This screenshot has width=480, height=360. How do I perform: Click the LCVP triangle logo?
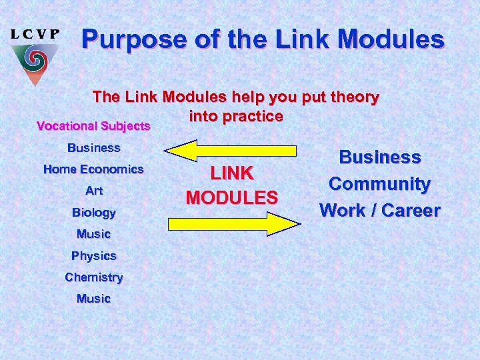click(x=34, y=63)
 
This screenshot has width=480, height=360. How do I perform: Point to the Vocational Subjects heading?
click(x=94, y=125)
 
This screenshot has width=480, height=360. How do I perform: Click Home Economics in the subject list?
click(x=93, y=169)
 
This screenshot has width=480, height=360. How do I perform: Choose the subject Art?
click(x=94, y=191)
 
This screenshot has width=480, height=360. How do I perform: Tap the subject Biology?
click(x=94, y=213)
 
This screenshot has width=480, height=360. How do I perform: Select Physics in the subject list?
click(x=94, y=255)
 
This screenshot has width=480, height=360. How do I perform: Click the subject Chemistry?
click(x=94, y=277)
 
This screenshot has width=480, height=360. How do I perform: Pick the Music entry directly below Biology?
click(x=94, y=234)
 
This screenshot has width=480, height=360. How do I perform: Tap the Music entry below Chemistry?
click(x=94, y=298)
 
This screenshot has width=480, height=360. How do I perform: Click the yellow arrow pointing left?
click(x=230, y=150)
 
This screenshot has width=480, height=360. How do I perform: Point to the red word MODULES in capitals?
click(x=232, y=197)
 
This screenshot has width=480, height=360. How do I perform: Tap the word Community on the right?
click(x=380, y=183)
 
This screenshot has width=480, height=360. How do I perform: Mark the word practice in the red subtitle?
click(x=254, y=116)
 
